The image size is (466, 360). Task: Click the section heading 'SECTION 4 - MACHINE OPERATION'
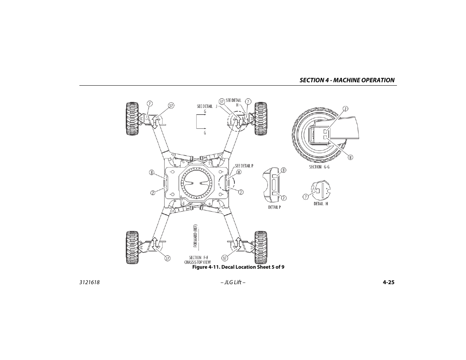347,80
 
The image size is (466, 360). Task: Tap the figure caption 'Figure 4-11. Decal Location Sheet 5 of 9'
238,267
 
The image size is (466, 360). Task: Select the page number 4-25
388,282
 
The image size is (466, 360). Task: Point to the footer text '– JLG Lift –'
233,282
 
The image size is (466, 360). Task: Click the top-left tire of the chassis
131,118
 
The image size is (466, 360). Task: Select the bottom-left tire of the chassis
131,247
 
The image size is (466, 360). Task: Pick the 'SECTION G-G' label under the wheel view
319,167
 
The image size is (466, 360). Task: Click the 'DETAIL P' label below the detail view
274,207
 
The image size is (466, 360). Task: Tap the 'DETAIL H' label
321,204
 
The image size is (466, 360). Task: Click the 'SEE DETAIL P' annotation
244,166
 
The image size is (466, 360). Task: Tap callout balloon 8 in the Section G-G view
350,157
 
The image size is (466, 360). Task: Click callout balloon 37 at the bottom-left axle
167,258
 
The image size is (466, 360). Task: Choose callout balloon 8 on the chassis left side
151,172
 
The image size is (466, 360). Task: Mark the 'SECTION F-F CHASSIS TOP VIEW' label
198,260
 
